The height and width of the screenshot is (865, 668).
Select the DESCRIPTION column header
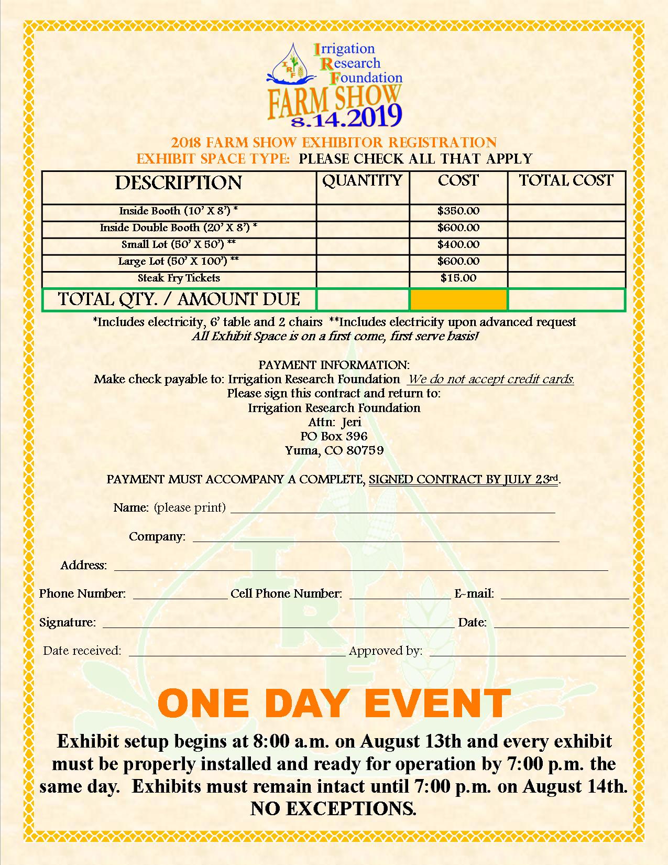click(179, 183)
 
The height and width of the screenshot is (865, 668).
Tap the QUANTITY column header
click(362, 180)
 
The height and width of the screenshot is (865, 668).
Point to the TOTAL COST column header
click(566, 180)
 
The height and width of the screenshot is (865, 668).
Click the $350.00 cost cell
click(458, 211)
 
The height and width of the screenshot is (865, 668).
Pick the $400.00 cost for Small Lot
click(458, 245)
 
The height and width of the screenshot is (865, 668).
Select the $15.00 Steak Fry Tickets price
click(458, 278)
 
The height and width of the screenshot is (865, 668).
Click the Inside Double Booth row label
click(179, 228)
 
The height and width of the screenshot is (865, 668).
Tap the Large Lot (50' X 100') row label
click(179, 262)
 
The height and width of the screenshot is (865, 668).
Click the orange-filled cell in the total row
click(458, 300)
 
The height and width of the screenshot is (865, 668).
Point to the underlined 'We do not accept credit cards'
click(491, 379)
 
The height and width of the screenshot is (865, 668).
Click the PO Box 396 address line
click(334, 436)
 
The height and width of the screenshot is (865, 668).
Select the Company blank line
click(376, 536)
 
